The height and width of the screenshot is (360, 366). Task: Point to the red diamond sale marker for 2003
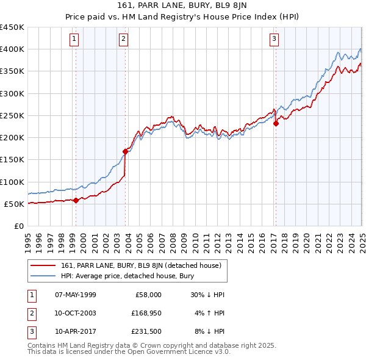125,151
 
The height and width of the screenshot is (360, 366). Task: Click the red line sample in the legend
43,265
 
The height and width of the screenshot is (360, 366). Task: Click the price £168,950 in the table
145,313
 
